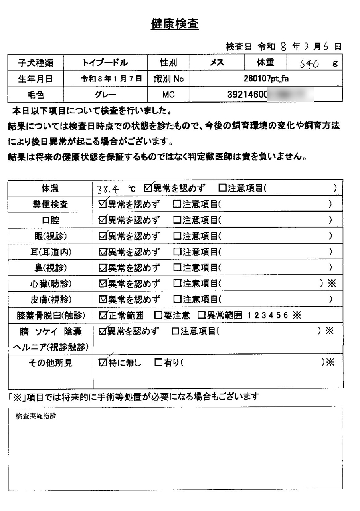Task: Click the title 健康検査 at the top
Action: [174, 25]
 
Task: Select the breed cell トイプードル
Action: [105, 63]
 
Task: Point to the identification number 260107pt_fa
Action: [266, 79]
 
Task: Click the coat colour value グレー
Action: [105, 95]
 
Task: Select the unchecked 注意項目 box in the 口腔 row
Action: [177, 220]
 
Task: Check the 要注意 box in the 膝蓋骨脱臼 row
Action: [158, 315]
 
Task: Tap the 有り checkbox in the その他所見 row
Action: [158, 363]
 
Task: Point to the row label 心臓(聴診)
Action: [50, 284]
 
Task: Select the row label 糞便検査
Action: [50, 204]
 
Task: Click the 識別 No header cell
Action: [168, 79]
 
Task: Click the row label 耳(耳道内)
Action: [50, 252]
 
